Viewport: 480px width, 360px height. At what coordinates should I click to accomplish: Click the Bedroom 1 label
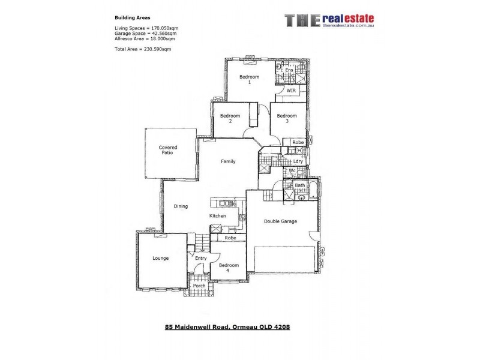tap(249, 80)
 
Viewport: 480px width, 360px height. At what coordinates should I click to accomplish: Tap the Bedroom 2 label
tap(230, 118)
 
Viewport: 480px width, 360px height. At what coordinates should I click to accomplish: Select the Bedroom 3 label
tap(287, 118)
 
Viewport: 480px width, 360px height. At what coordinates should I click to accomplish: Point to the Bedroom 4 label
tap(229, 267)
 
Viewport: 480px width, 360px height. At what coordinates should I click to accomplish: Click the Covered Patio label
tap(167, 150)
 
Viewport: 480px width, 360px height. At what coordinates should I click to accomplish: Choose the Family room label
tap(228, 161)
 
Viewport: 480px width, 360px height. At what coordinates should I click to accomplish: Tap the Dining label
tap(181, 206)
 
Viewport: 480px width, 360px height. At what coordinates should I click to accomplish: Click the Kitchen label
tap(217, 216)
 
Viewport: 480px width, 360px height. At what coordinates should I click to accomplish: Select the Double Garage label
tap(281, 221)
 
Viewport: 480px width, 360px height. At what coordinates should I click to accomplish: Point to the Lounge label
tap(160, 259)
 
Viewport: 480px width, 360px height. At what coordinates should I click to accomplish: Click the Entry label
tap(200, 259)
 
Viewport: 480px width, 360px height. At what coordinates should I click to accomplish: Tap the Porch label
tap(199, 286)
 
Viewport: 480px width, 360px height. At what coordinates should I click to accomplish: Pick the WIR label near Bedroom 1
tap(291, 91)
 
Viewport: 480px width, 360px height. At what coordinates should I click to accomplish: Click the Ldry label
tap(298, 161)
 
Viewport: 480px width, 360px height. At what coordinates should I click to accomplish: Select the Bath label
tap(299, 185)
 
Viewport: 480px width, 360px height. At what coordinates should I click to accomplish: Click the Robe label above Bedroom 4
tap(229, 238)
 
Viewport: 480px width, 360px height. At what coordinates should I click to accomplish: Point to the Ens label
tap(289, 70)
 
